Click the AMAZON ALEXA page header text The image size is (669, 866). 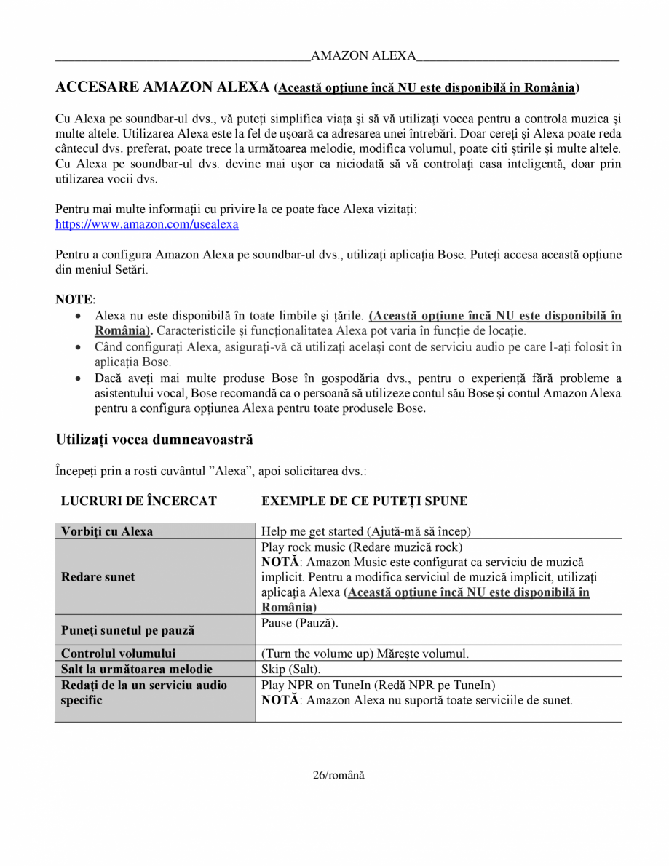363,56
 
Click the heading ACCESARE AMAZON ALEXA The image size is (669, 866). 162,87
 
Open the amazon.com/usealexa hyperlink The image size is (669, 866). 147,224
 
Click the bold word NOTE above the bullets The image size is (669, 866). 75,300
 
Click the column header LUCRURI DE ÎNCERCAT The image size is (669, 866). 138,501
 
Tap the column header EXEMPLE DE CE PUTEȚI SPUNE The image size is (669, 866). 364,501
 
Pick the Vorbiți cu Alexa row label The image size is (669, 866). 107,531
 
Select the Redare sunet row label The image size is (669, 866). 98,577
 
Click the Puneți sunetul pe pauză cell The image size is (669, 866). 127,630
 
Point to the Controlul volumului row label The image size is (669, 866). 119,654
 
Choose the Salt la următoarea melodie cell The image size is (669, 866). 137,669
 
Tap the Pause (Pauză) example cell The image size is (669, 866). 300,624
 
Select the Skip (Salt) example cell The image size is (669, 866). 290,669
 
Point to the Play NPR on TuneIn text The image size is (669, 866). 378,685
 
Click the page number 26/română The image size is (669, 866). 339,775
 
